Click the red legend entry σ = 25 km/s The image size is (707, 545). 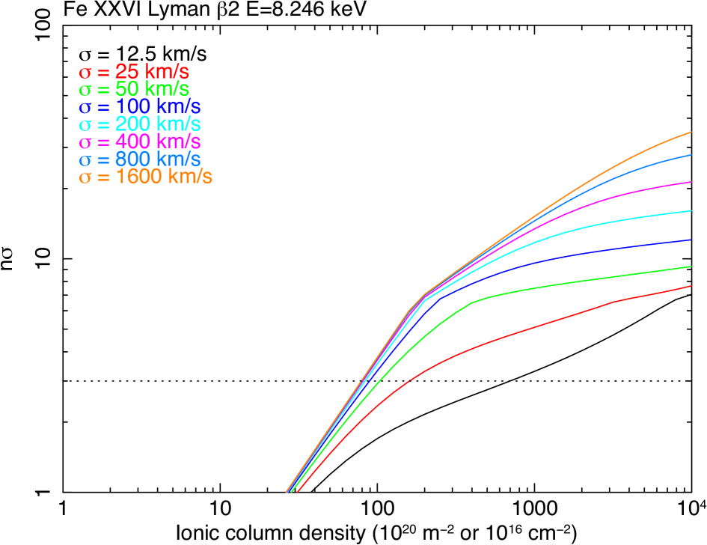pos(134,73)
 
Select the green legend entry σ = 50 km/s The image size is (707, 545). pos(134,90)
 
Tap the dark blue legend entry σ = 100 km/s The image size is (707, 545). pos(140,107)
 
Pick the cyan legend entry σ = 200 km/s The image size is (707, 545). pos(140,124)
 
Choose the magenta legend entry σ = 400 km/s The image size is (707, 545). pos(140,141)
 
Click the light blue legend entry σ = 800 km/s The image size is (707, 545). pos(140,159)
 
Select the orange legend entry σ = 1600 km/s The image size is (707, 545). pos(146,177)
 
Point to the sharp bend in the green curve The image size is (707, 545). pos(473,302)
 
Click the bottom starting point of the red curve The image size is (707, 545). pos(298,493)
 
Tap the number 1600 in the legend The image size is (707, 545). pos(139,177)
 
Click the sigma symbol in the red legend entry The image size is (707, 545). pos(85,73)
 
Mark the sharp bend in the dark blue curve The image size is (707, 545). pos(440,299)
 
